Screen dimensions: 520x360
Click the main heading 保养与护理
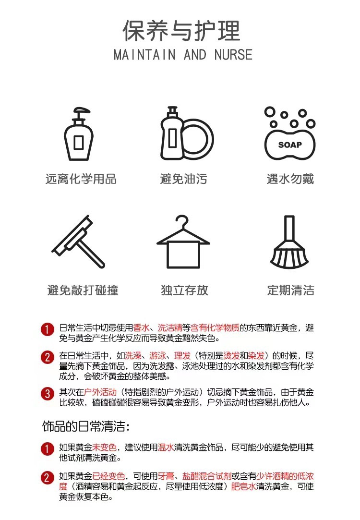[x=181, y=31]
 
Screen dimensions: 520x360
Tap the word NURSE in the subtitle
[x=233, y=55]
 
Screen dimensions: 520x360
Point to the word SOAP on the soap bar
[x=290, y=145]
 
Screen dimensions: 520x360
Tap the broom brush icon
[x=289, y=243]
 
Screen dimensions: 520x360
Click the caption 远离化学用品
[x=81, y=180]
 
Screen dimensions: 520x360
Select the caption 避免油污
[x=183, y=180]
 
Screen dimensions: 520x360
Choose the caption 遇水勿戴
[x=290, y=180]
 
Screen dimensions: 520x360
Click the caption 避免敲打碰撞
[x=83, y=290]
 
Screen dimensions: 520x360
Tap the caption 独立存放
[x=184, y=290]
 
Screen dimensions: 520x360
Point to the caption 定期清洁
[x=290, y=290]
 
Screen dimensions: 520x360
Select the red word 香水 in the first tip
[x=141, y=328]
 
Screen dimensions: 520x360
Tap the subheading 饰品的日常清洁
[x=86, y=426]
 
